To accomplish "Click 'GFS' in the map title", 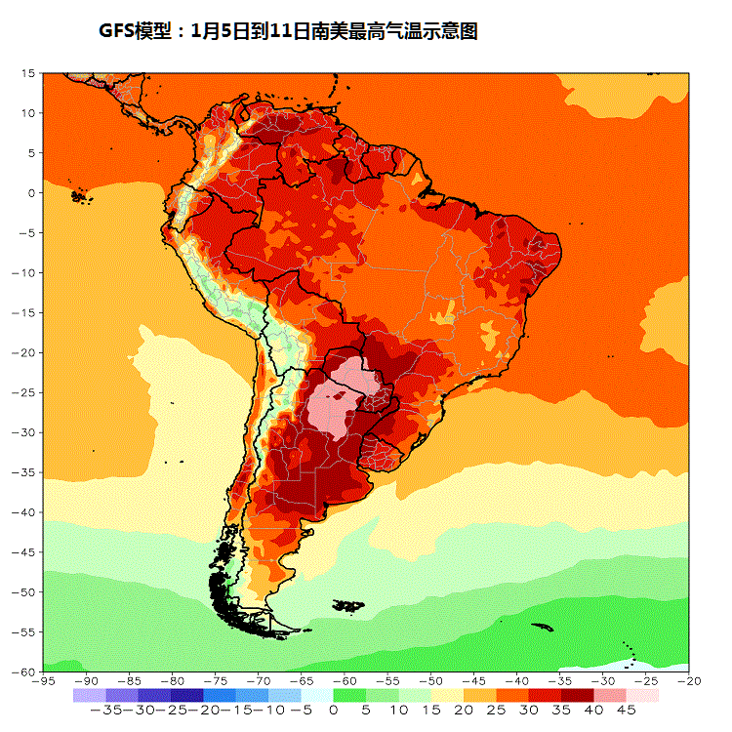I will tap(119, 31).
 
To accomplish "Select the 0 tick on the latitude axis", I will tap(31, 192).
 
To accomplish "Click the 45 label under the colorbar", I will tap(626, 711).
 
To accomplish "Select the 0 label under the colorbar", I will tap(334, 711).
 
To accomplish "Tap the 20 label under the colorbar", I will tap(464, 711).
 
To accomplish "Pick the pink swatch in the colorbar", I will tap(610, 695).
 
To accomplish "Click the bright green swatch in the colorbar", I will tap(349, 695).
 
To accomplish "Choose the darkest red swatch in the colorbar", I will tap(578, 695).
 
